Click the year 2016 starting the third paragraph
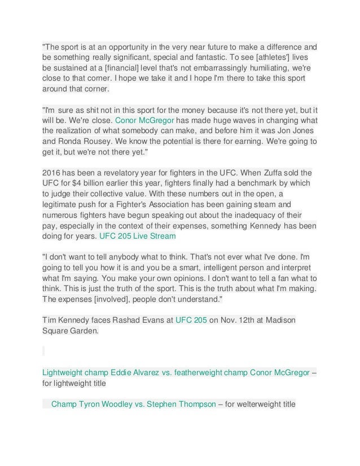pos(52,172)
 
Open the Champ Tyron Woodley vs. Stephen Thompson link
pos(134,405)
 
